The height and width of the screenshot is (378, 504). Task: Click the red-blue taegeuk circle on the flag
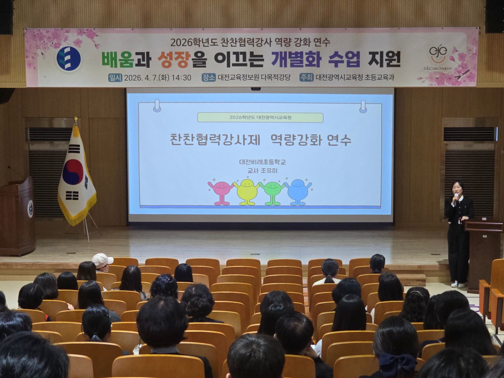pos(73,172)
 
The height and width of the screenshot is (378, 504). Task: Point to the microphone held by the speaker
pos(457,197)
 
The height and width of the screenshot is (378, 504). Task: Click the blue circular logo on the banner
pos(68,58)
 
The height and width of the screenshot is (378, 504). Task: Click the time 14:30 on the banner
pos(181,78)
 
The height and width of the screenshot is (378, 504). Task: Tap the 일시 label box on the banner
pos(115,78)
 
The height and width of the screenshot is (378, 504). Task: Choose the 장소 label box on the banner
pos(209,77)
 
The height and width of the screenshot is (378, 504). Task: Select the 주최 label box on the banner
pos(306,77)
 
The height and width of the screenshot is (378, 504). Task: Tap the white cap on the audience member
pos(102,260)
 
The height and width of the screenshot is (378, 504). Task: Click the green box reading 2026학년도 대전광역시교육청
pos(260,117)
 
